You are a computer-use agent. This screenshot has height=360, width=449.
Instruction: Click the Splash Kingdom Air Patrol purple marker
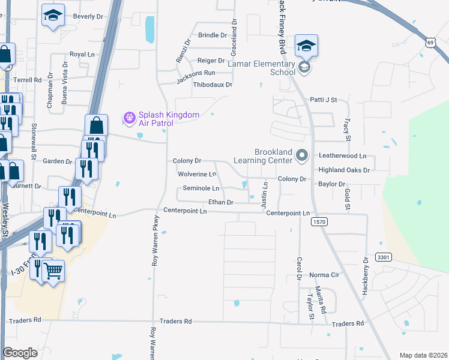[x=128, y=116]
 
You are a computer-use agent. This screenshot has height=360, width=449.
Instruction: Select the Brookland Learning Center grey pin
[x=302, y=156]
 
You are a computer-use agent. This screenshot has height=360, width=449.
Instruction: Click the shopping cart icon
[x=53, y=272]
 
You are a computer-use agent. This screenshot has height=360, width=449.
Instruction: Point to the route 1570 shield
[x=319, y=222]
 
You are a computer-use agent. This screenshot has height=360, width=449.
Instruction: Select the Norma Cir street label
[x=324, y=275]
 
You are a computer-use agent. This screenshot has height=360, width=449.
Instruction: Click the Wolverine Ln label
[x=197, y=175]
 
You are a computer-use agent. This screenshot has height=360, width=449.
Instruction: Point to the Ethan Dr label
[x=220, y=202]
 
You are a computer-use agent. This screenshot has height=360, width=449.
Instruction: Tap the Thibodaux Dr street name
[x=212, y=85]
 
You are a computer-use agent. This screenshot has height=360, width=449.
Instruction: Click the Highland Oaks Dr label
[x=344, y=170]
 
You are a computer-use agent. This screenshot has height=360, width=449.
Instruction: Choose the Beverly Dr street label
[x=88, y=16]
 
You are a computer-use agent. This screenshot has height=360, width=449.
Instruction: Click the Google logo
[x=20, y=353]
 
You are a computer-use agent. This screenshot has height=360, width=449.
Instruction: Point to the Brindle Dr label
[x=212, y=35]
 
